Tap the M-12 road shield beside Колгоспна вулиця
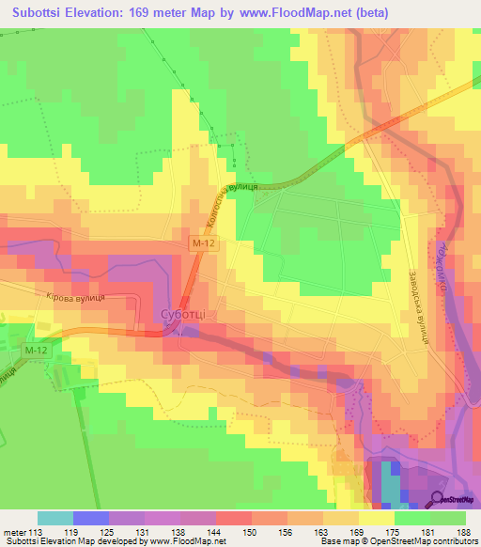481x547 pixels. (197, 243)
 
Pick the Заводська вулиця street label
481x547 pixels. (413, 305)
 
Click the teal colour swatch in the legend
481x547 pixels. (55, 518)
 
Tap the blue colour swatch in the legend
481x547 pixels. (91, 518)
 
